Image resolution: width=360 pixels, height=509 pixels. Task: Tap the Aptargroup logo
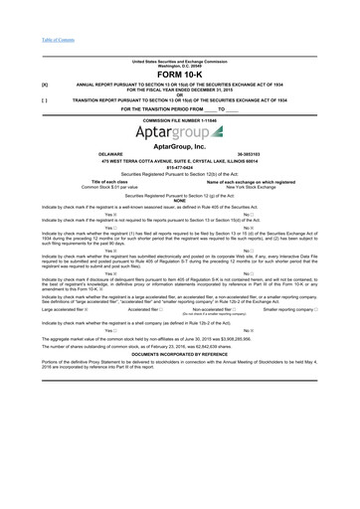[179, 130]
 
